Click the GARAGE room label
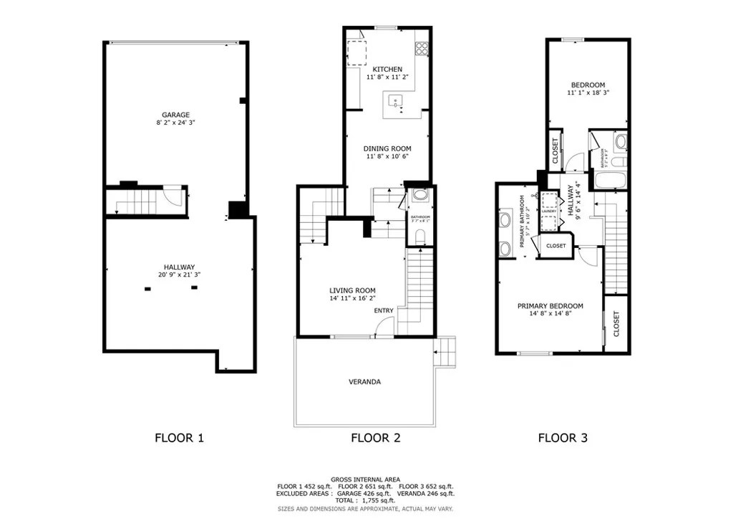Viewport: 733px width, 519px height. [x=175, y=115]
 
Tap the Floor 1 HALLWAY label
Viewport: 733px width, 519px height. [x=180, y=267]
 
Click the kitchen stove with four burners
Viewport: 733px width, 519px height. [x=422, y=49]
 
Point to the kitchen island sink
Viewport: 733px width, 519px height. [x=395, y=102]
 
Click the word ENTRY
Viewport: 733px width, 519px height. [x=383, y=310]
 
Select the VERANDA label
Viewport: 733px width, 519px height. [x=365, y=382]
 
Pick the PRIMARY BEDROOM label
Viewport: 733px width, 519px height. [x=550, y=306]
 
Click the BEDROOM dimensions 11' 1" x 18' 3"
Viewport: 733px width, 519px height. [x=588, y=93]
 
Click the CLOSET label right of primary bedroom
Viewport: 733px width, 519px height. [x=617, y=323]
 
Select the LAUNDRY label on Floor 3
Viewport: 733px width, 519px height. [x=550, y=211]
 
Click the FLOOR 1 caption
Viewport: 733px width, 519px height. [x=180, y=437]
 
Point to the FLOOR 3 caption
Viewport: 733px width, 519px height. [x=563, y=437]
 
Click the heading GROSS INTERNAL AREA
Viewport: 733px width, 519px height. [x=365, y=480]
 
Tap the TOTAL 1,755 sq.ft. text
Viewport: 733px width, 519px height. [x=365, y=500]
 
